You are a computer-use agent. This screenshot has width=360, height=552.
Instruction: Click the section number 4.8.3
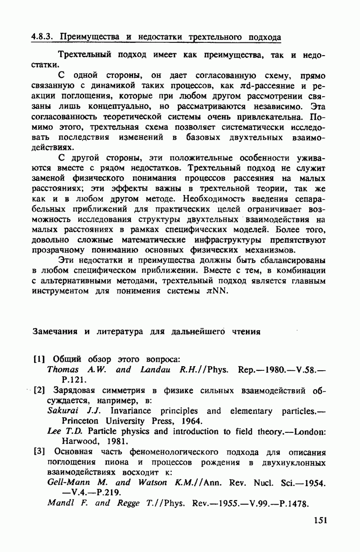43,36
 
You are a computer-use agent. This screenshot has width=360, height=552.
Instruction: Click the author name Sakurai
63,411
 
